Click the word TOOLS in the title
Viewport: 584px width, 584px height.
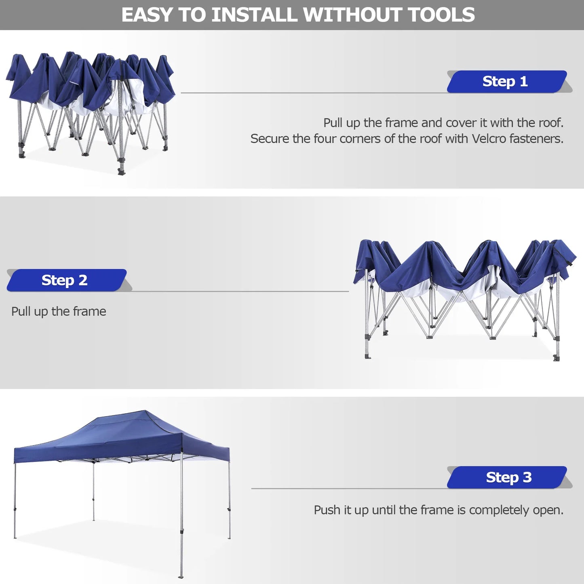(441, 15)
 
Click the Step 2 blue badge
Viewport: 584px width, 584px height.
(66, 280)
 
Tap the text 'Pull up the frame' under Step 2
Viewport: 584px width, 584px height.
(59, 311)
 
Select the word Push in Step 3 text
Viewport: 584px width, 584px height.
(327, 510)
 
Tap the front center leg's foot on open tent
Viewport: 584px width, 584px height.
(181, 576)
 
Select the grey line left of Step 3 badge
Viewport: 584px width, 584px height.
(348, 488)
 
